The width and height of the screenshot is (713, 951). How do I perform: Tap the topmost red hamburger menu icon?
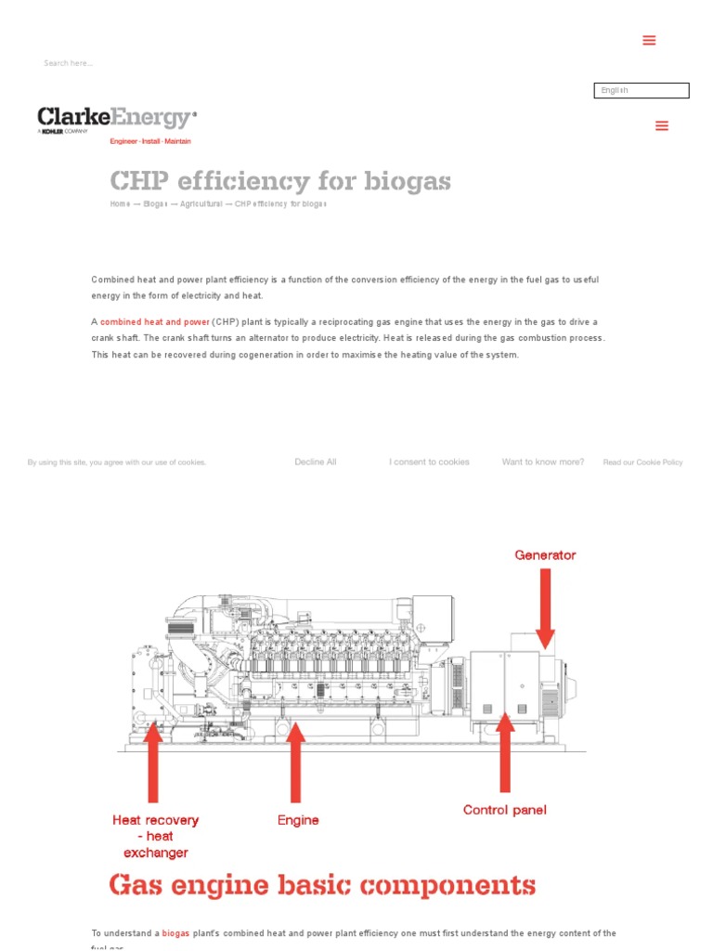(x=649, y=40)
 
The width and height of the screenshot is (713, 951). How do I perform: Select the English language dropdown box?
(x=641, y=90)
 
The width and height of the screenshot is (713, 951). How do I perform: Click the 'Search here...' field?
(x=69, y=63)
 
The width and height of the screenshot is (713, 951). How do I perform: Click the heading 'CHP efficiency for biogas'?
(x=280, y=180)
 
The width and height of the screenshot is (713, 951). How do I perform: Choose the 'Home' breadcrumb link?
(x=120, y=203)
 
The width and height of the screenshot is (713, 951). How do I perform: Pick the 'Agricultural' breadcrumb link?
(x=201, y=203)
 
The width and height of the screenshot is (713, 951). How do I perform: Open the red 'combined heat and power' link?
(x=155, y=322)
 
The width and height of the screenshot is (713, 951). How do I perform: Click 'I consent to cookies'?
(x=429, y=462)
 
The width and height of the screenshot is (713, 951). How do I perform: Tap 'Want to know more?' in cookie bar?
(x=543, y=462)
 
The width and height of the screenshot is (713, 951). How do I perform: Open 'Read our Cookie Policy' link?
(x=642, y=462)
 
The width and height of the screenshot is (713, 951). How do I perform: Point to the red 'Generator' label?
(x=545, y=555)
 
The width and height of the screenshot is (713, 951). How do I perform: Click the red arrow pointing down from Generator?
(x=545, y=607)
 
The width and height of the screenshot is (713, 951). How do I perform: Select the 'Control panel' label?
(x=504, y=810)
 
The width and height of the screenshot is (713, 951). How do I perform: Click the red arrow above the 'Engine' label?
(x=295, y=762)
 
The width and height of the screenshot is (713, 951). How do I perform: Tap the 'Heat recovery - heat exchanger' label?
(x=156, y=836)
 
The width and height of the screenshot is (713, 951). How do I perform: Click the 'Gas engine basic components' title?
(x=322, y=885)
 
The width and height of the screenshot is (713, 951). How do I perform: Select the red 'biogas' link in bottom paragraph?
(x=175, y=933)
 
